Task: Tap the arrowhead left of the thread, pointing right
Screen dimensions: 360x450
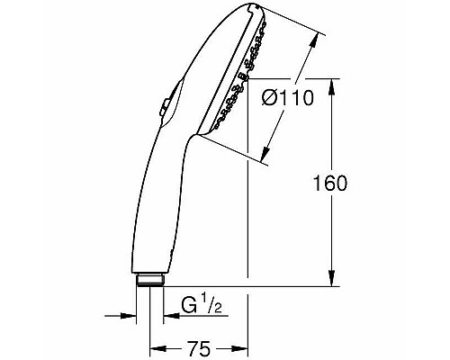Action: point(133,316)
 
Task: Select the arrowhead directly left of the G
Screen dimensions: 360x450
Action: point(168,316)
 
